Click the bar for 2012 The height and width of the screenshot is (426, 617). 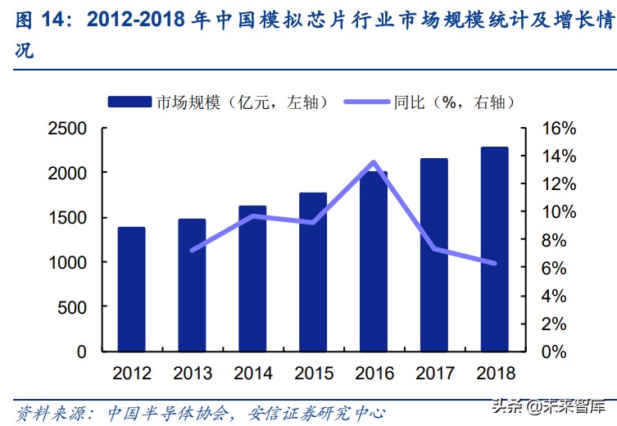coord(131,289)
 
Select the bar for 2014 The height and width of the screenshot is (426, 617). coord(252,279)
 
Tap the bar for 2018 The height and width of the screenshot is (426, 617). coord(494,249)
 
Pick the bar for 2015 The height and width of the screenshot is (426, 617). coord(313,272)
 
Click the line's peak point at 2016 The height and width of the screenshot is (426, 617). coord(374,162)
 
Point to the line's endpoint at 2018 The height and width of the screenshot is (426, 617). coord(494,263)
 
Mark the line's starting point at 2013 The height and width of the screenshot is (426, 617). coord(192,250)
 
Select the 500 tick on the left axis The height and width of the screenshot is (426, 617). coord(75,306)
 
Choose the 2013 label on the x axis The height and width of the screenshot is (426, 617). coord(193,374)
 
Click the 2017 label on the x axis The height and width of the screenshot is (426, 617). coord(434,374)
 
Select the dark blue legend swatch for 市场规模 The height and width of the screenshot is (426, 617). coord(129,102)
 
